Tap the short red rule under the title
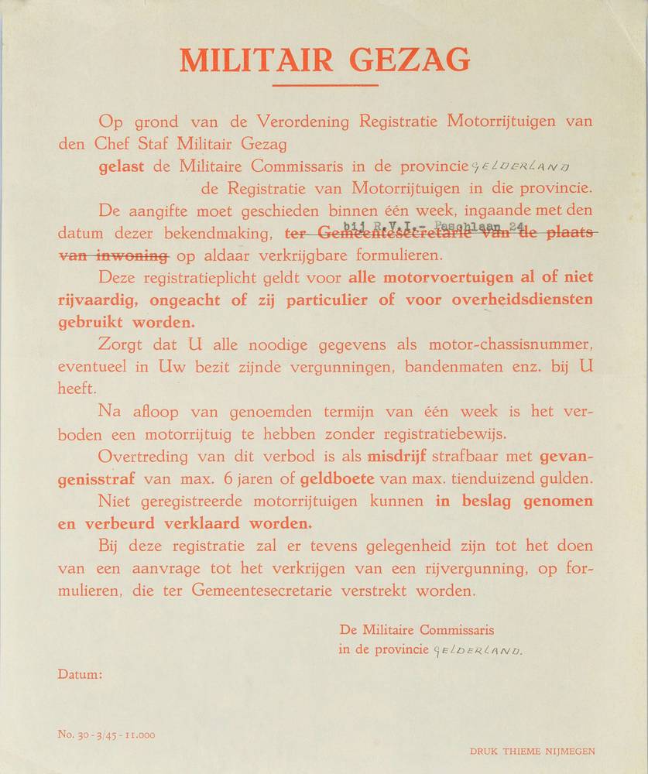click(x=325, y=85)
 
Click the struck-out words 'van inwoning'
click(x=114, y=255)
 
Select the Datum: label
click(x=80, y=675)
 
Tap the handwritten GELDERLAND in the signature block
click(x=478, y=650)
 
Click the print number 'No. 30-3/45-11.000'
click(x=106, y=734)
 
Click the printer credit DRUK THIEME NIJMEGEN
click(x=533, y=751)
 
